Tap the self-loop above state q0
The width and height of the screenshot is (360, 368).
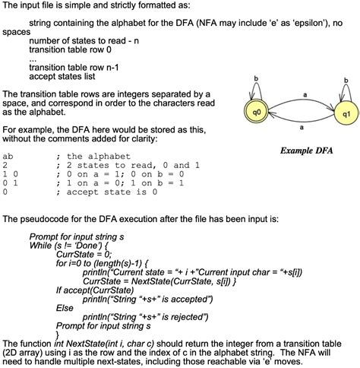click(256, 85)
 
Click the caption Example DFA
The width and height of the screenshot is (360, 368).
click(308, 151)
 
